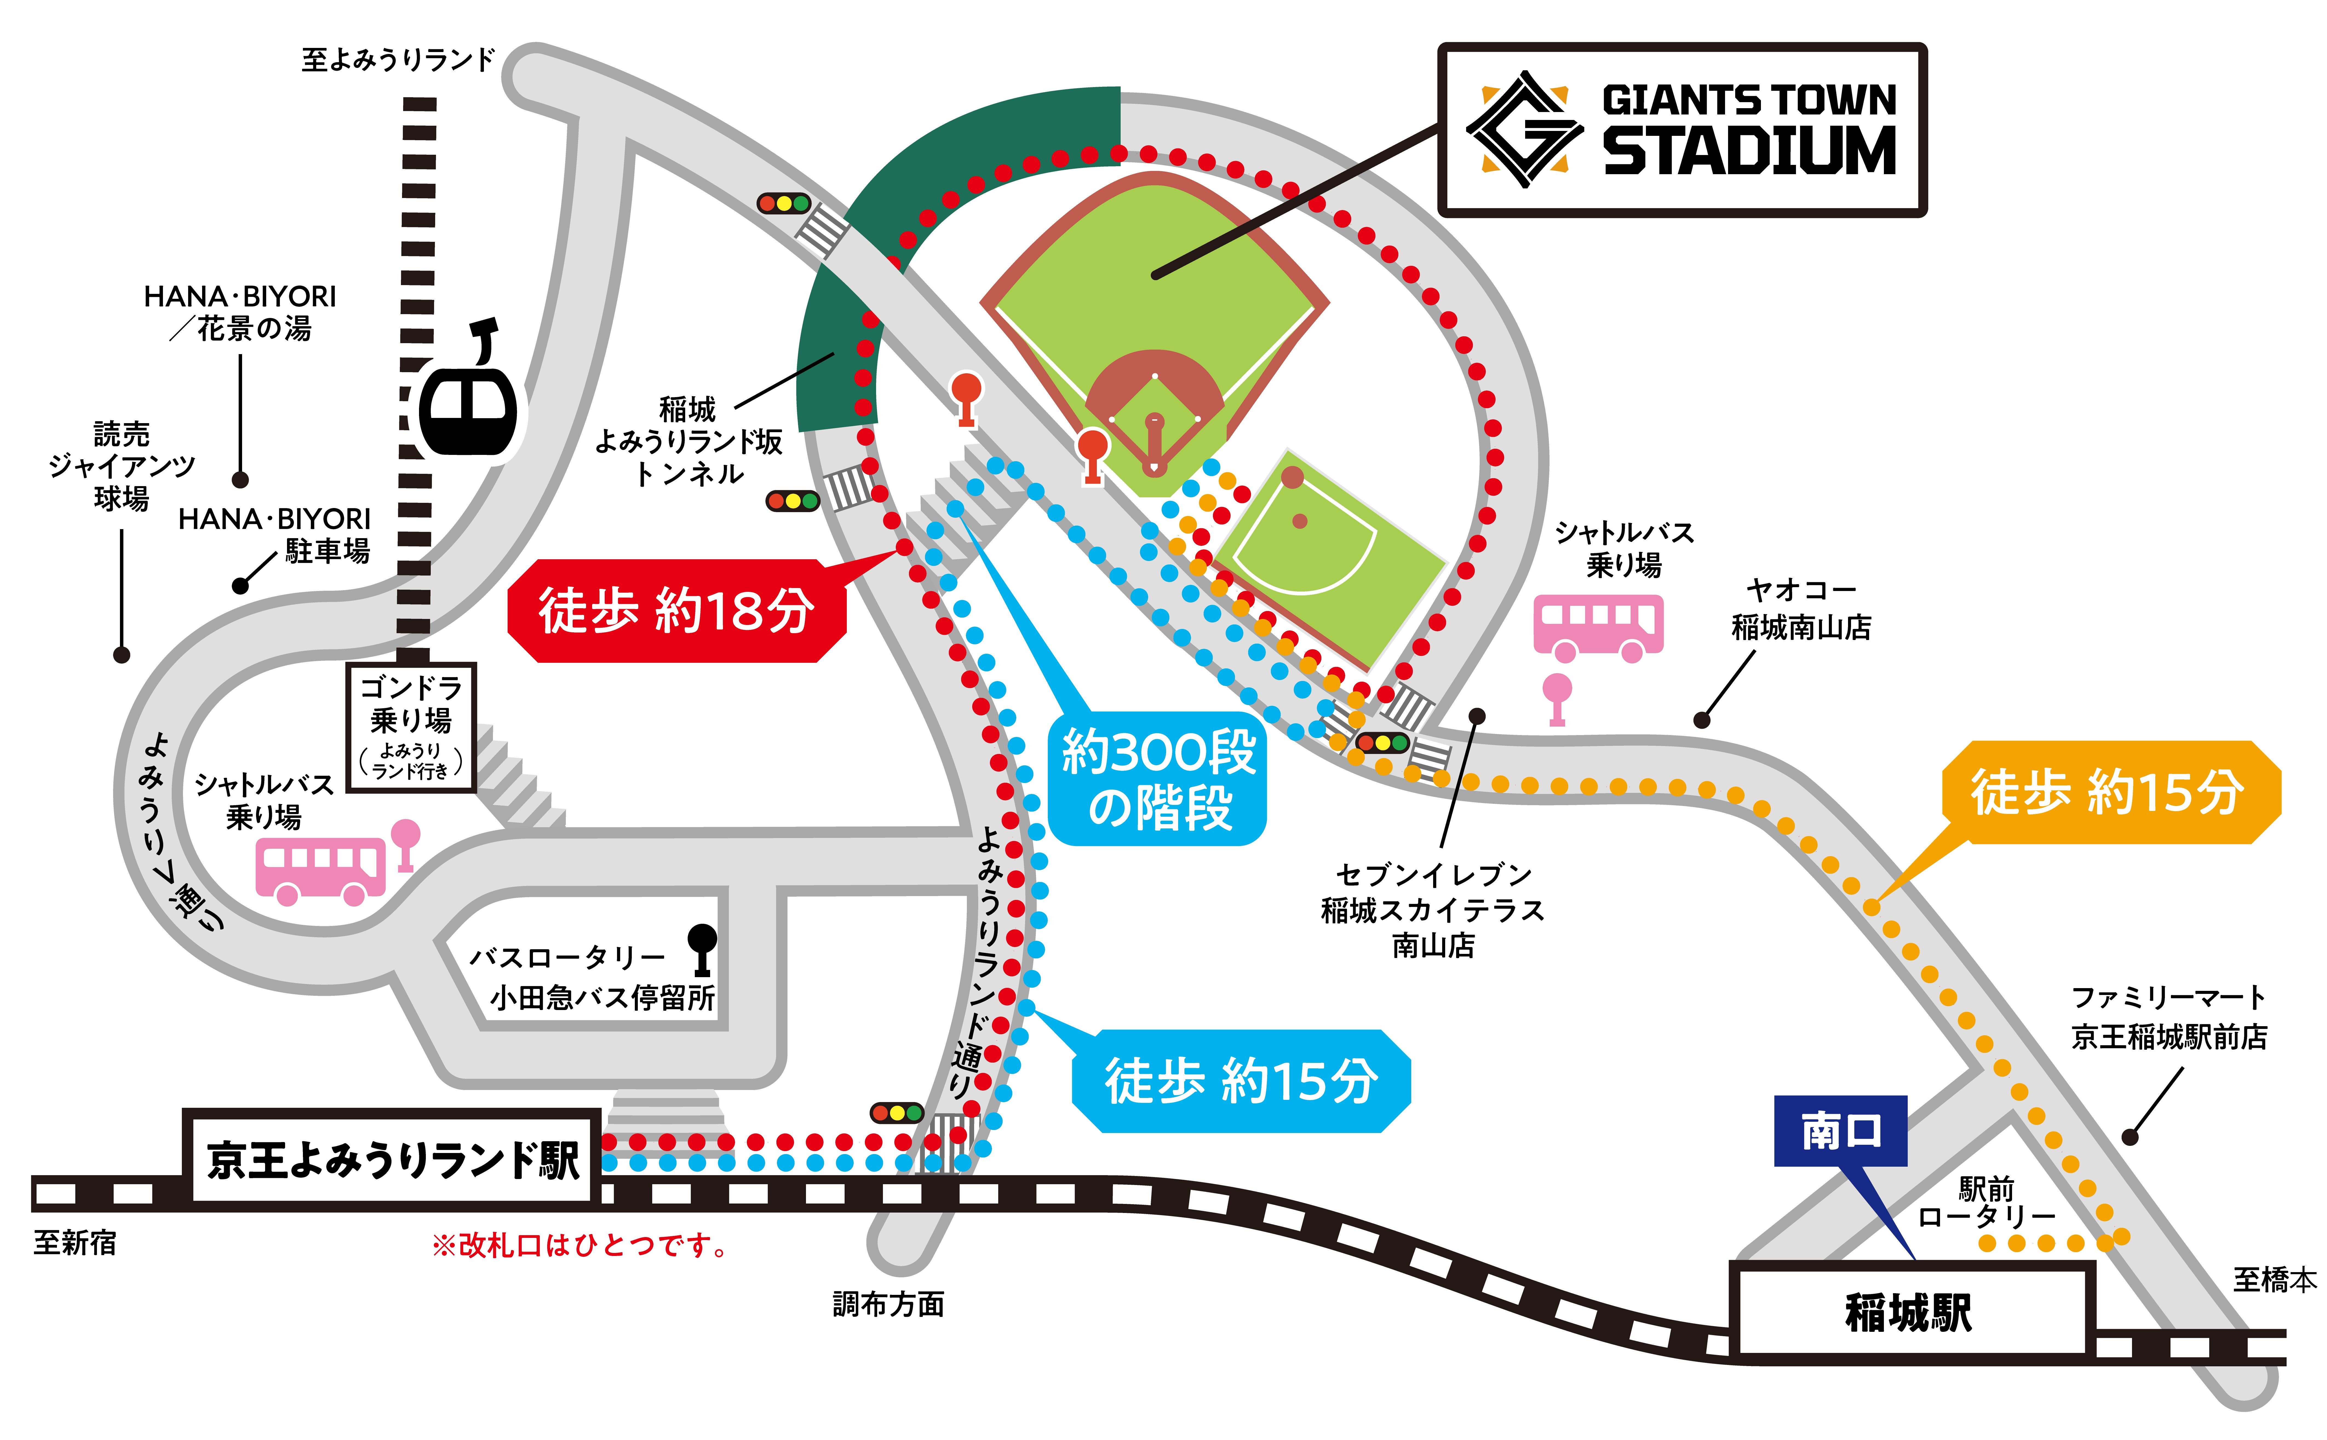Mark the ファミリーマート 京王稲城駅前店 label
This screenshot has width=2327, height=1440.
[2169, 1017]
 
